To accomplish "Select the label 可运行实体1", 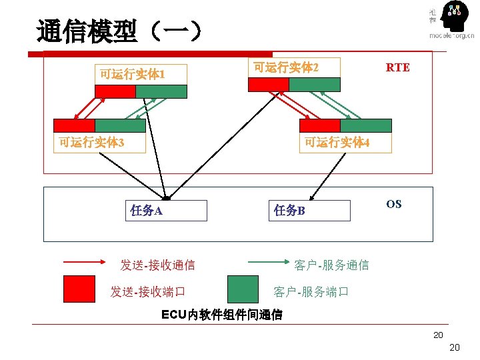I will pyautogui.click(x=132, y=73).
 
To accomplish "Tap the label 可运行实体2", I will pyautogui.click(x=286, y=67).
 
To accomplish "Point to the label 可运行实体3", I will pyautogui.click(x=91, y=142).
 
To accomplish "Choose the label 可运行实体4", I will pyautogui.click(x=337, y=142).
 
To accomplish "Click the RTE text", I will pyautogui.click(x=398, y=67).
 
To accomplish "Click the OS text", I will pyautogui.click(x=394, y=204).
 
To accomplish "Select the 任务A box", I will pyautogui.click(x=167, y=211).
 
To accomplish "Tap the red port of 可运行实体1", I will pyautogui.click(x=115, y=92).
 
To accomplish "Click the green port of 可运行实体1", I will pyautogui.click(x=161, y=92).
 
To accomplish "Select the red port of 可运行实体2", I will pyautogui.click(x=269, y=85).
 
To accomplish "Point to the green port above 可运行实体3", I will pyautogui.click(x=120, y=125).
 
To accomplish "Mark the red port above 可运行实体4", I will pyautogui.click(x=320, y=125).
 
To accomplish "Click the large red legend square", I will pyautogui.click(x=79, y=289).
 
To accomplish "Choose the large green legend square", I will pyautogui.click(x=243, y=289).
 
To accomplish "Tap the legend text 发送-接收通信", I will pyautogui.click(x=157, y=265).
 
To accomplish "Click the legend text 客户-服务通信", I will pyautogui.click(x=331, y=265).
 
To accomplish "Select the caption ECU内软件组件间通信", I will pyautogui.click(x=222, y=315).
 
